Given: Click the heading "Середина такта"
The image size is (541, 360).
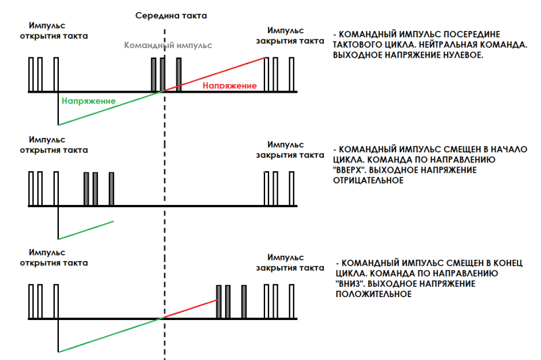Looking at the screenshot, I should point(170,15).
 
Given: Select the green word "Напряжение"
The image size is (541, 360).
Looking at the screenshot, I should point(89,101).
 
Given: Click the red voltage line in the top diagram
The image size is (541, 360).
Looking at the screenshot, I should point(216,73).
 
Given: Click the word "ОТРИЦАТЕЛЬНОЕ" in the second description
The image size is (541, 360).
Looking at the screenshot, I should point(369,181).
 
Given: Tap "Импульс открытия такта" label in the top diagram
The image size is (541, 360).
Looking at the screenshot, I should point(53,30).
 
